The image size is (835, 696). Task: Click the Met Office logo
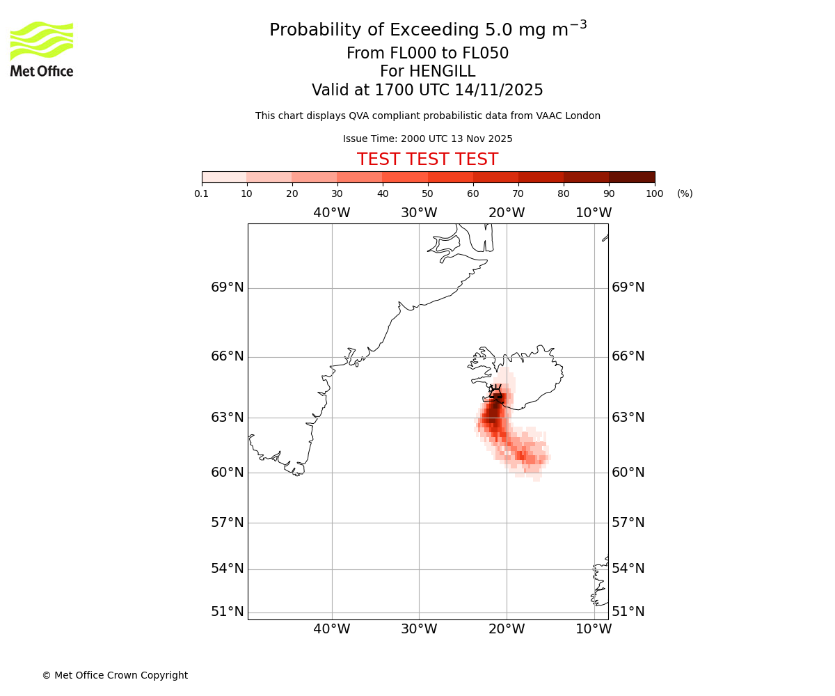pos(42,49)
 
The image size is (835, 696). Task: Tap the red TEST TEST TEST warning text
pos(427,159)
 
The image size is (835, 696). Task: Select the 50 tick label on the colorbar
pos(427,193)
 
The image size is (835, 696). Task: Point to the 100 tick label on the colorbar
pos(654,193)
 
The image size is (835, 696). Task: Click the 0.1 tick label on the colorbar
pos(202,193)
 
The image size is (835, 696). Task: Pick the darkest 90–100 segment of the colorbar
pos(632,177)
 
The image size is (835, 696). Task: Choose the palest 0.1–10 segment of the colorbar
pos(224,177)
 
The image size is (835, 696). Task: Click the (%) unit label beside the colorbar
pos(685,193)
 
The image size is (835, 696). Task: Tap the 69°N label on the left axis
pos(228,287)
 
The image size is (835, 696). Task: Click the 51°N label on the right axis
pos(628,612)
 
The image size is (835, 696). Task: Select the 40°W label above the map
pos(331,213)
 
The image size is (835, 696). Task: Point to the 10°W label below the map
pos(594,629)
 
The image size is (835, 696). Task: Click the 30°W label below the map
pos(419,629)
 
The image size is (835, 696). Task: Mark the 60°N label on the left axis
pos(228,473)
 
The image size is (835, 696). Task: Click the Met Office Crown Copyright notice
pos(115,675)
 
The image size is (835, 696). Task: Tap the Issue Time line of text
pos(427,139)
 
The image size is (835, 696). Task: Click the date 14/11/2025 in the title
pos(499,90)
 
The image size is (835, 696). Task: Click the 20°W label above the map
pos(507,213)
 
